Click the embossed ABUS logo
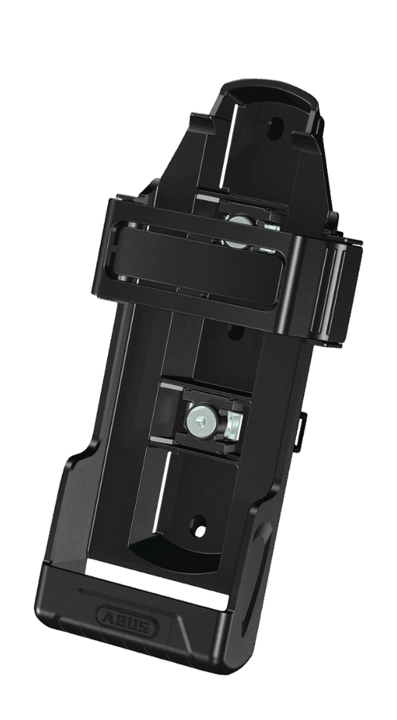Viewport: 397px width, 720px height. pyautogui.click(x=127, y=623)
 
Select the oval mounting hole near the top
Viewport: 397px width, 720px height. pyautogui.click(x=275, y=129)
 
